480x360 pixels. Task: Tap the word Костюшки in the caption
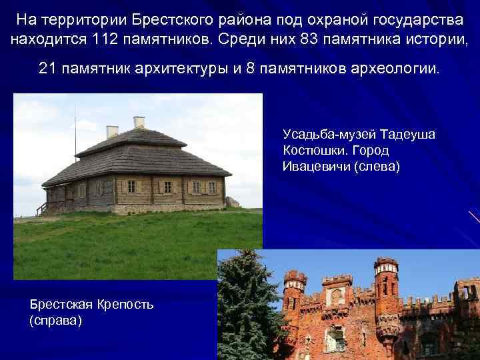pyautogui.click(x=313, y=151)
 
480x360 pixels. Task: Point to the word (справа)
pyautogui.click(x=56, y=321)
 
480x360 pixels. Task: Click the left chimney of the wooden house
pyautogui.click(x=113, y=131)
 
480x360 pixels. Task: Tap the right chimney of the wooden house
pyautogui.click(x=139, y=123)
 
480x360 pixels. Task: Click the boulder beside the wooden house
pyautogui.click(x=232, y=201)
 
